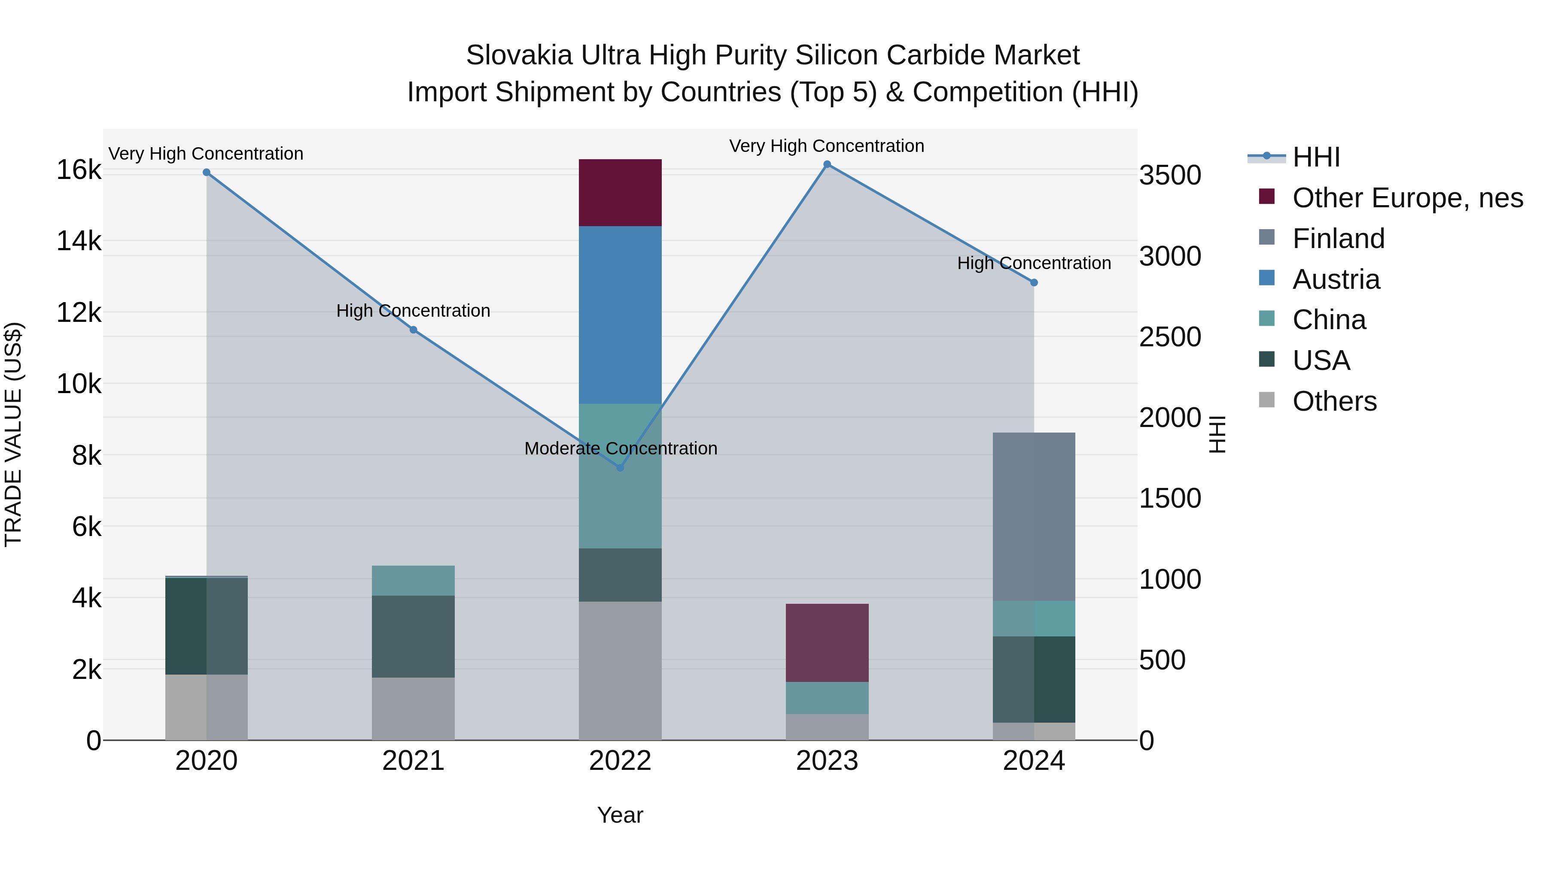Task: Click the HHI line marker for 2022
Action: [620, 468]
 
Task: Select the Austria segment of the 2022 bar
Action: [620, 315]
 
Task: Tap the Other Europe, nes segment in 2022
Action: [620, 193]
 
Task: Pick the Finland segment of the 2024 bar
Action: [1034, 516]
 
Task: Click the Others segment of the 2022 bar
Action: [620, 670]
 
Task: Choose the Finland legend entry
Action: [1338, 239]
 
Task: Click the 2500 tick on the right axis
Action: [1170, 337]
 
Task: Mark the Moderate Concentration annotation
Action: [621, 448]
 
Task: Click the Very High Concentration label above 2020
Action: [206, 154]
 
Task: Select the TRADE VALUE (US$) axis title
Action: [13, 434]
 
